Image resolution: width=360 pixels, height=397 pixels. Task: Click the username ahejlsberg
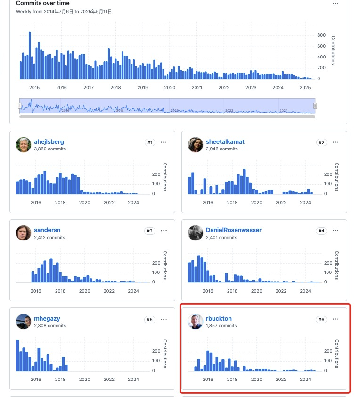49,141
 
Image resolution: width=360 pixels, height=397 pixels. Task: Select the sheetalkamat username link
225,141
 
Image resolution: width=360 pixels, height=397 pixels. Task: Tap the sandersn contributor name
47,230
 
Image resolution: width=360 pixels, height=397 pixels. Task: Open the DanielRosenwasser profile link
233,230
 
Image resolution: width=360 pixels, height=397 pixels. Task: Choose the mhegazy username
47,319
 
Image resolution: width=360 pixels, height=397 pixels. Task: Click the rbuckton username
219,319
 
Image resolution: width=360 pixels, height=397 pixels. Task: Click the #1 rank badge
150,142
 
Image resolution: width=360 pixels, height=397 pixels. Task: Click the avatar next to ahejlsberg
24,145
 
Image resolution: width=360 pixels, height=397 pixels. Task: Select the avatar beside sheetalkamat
196,145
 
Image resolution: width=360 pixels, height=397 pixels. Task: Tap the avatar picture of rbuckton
196,322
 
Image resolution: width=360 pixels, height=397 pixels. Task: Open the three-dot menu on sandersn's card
164,231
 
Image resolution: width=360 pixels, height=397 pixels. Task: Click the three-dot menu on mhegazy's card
164,319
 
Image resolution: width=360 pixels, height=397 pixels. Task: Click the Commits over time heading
43,3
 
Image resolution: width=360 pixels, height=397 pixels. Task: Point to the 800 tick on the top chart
321,35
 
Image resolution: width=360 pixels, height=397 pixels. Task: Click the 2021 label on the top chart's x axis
196,87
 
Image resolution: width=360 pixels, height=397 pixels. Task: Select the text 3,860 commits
50,149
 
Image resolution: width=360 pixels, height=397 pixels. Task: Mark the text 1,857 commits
221,326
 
